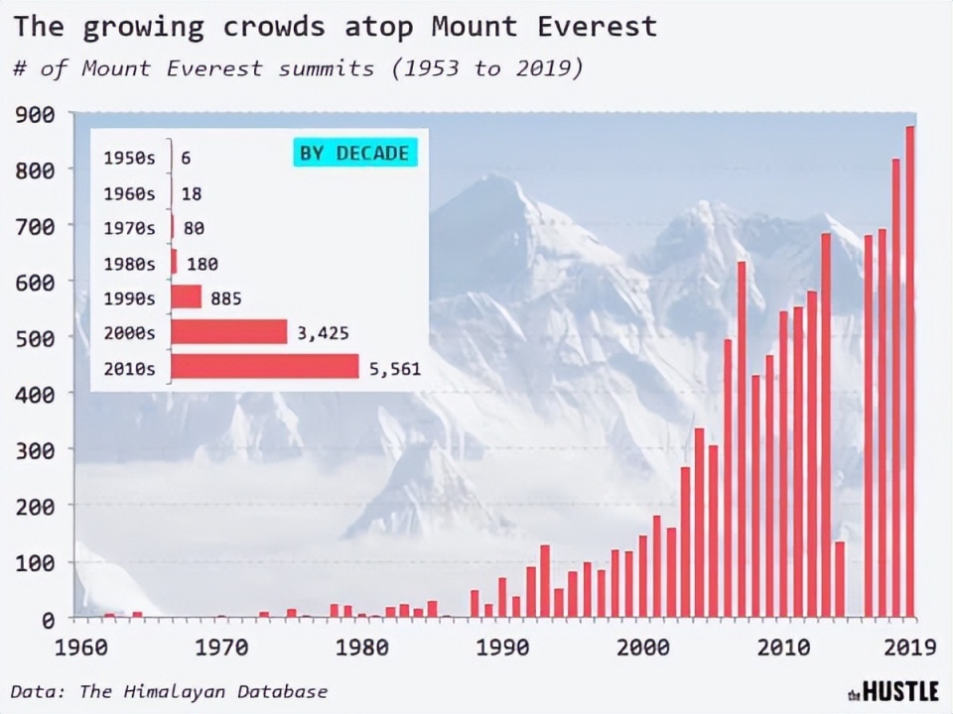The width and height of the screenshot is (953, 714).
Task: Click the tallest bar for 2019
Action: click(x=910, y=372)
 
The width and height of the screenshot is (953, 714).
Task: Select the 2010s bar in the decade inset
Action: click(x=264, y=367)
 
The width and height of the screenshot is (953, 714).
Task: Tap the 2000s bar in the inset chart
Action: click(x=228, y=332)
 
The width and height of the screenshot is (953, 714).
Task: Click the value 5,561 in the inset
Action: click(x=395, y=369)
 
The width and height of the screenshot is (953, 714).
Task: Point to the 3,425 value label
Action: click(x=323, y=333)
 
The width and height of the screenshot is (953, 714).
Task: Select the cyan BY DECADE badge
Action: click(x=354, y=153)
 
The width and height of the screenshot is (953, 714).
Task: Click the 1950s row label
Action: click(x=129, y=158)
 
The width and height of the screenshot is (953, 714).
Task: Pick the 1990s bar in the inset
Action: click(x=186, y=297)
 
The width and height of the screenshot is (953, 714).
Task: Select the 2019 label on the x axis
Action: click(x=909, y=648)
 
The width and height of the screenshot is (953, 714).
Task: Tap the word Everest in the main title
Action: click(x=598, y=26)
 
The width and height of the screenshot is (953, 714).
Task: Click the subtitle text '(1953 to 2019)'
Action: click(x=487, y=68)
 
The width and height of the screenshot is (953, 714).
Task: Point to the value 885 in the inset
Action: click(x=226, y=298)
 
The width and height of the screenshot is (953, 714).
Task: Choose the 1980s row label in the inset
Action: click(x=129, y=264)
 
